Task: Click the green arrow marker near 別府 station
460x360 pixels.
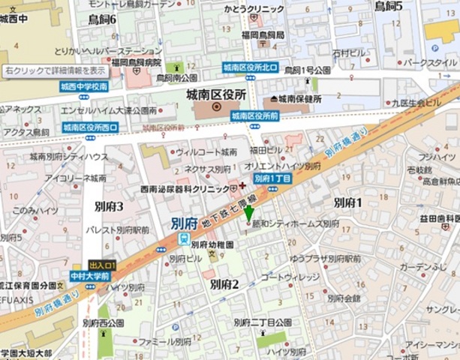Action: click(x=249, y=213)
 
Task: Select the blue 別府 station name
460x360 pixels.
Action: click(x=184, y=223)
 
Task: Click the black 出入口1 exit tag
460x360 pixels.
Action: click(x=102, y=265)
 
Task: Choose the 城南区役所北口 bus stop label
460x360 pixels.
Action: click(x=249, y=68)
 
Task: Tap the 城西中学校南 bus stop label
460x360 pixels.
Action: click(x=84, y=87)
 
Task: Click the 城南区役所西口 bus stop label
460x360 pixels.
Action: click(x=90, y=127)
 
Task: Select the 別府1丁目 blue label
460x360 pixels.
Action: click(x=272, y=178)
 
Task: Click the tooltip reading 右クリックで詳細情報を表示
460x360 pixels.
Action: click(x=56, y=70)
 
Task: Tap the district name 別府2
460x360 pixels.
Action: click(x=224, y=283)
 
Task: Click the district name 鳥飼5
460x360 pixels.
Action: click(x=389, y=7)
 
